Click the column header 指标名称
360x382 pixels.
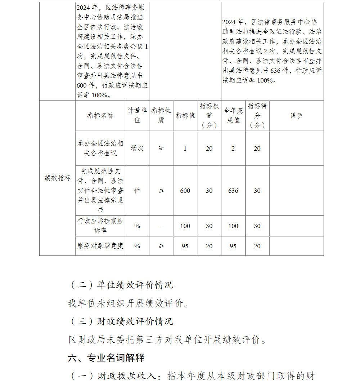click(100, 116)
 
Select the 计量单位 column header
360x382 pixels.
click(137, 115)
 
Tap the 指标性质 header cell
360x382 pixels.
click(161, 115)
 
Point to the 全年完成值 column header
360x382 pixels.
click(233, 115)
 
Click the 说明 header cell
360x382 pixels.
click(296, 116)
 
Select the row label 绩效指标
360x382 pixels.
click(58, 178)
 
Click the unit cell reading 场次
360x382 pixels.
click(137, 148)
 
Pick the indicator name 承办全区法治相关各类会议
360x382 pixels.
click(100, 148)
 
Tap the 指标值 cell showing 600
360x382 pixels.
click(185, 191)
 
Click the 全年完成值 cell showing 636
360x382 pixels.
click(233, 191)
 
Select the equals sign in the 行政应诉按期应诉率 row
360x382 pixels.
click(161, 226)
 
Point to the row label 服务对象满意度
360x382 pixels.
click(100, 246)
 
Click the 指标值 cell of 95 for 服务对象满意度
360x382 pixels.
click(185, 246)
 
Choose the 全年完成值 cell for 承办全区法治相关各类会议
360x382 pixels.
click(233, 148)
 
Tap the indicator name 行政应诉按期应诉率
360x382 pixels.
click(100, 226)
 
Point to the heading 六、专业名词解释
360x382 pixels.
click(106, 358)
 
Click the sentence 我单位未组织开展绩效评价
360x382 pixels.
click(128, 303)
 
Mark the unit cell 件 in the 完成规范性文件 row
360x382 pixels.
click(137, 191)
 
